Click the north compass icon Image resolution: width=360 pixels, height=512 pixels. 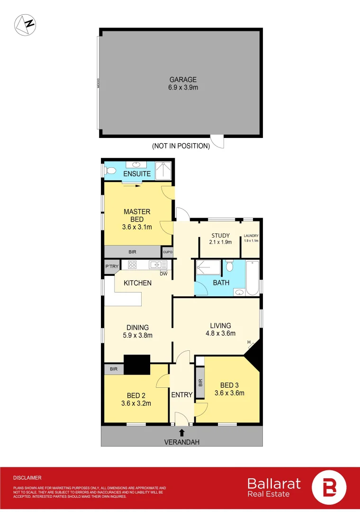click(25, 25)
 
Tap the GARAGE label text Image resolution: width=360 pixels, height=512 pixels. click(183, 80)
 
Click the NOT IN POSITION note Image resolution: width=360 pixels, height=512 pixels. click(181, 146)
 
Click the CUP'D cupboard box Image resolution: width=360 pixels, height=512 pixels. click(167, 252)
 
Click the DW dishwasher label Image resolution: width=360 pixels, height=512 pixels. click(163, 274)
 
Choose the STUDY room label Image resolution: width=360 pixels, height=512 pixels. click(221, 235)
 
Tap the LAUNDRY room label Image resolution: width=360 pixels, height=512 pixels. click(251, 236)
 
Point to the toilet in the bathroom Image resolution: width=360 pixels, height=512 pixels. click(230, 266)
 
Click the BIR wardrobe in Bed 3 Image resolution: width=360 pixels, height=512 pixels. click(200, 381)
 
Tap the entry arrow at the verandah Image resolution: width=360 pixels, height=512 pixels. click(182, 431)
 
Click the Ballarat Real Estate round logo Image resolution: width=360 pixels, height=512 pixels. click(329, 487)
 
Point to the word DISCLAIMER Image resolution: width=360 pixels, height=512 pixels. click(27, 478)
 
